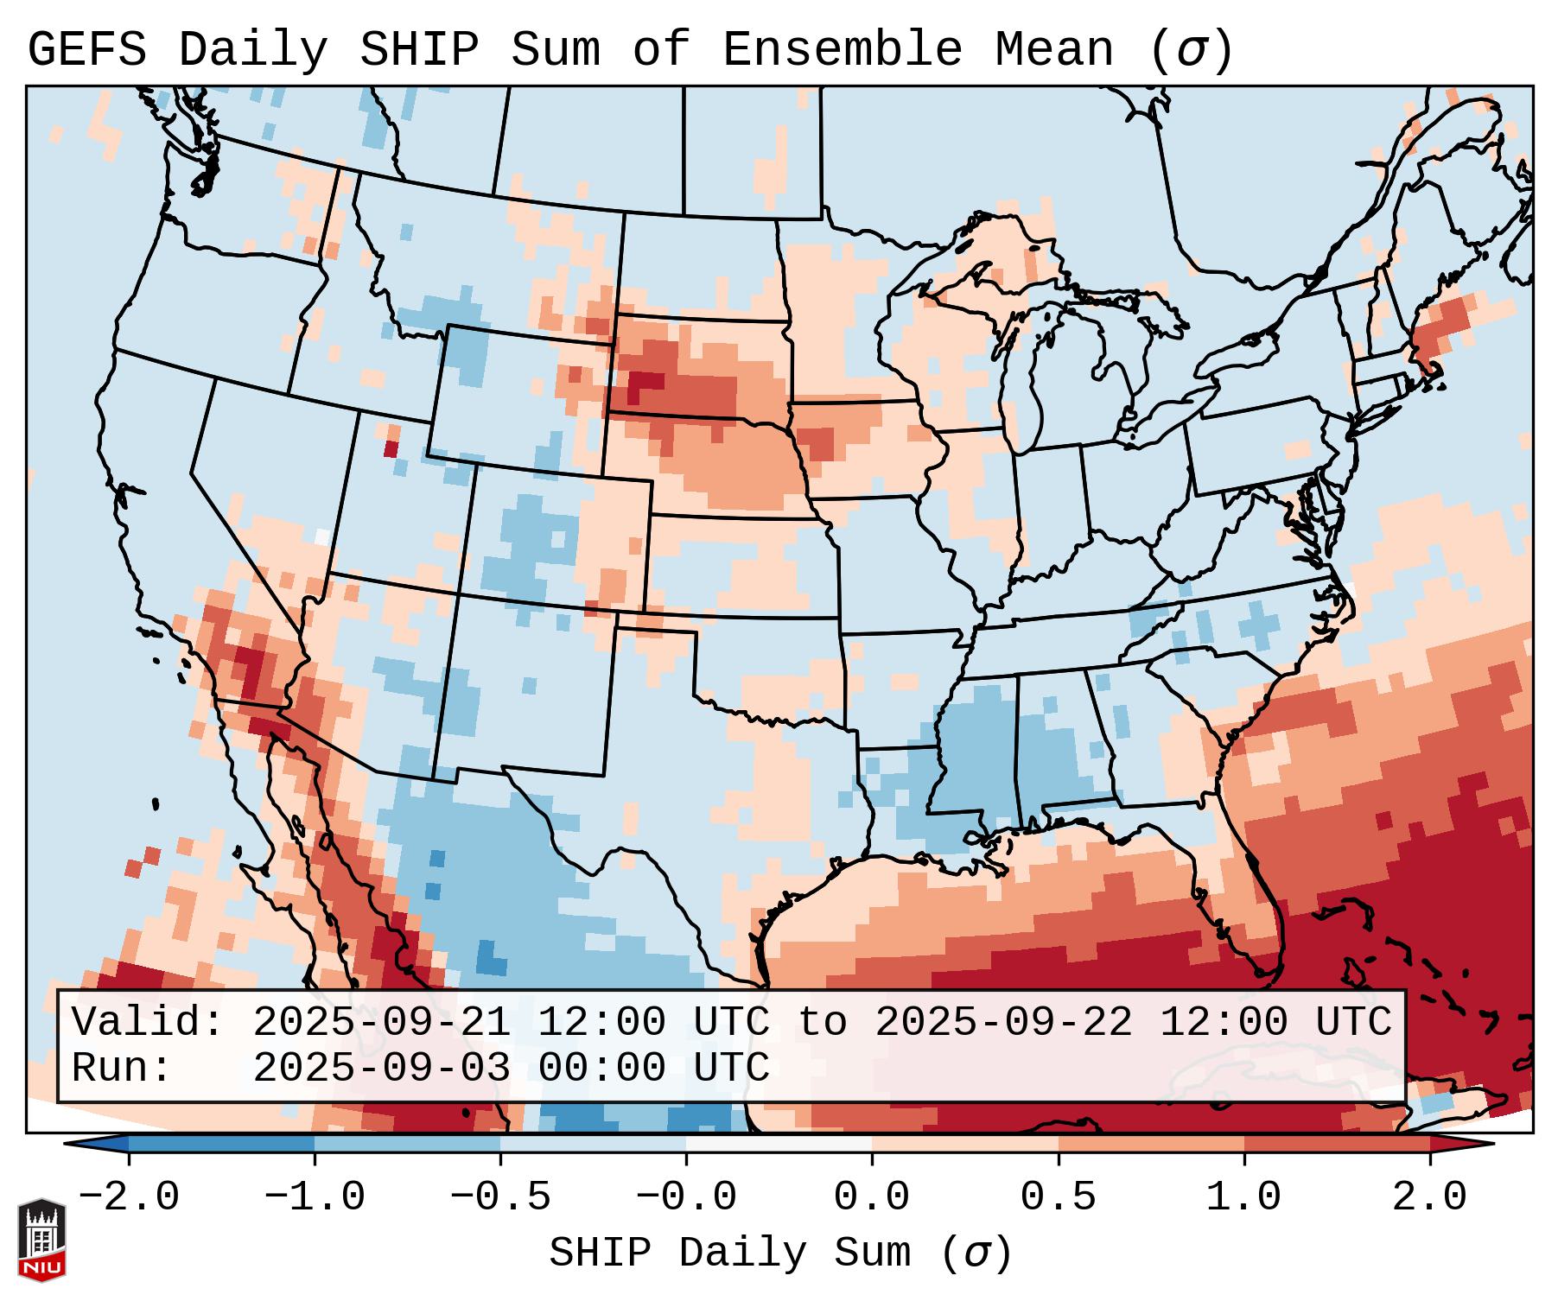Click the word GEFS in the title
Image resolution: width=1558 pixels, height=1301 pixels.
[x=86, y=50]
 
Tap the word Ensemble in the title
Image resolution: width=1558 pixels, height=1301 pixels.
[x=843, y=50]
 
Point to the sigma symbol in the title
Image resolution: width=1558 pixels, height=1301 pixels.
[x=1192, y=50]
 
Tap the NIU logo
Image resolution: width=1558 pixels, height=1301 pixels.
[x=41, y=1240]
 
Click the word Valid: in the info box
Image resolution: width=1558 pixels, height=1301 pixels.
[x=148, y=1022]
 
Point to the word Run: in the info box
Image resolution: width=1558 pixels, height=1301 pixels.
[x=122, y=1068]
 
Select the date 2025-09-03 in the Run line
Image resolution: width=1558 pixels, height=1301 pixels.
[x=382, y=1068]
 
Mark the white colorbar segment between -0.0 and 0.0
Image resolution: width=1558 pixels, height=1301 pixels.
[x=779, y=1144]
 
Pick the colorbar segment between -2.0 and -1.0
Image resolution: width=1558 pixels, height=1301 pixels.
[x=221, y=1144]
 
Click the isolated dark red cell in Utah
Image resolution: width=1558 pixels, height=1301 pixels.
[x=391, y=448]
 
